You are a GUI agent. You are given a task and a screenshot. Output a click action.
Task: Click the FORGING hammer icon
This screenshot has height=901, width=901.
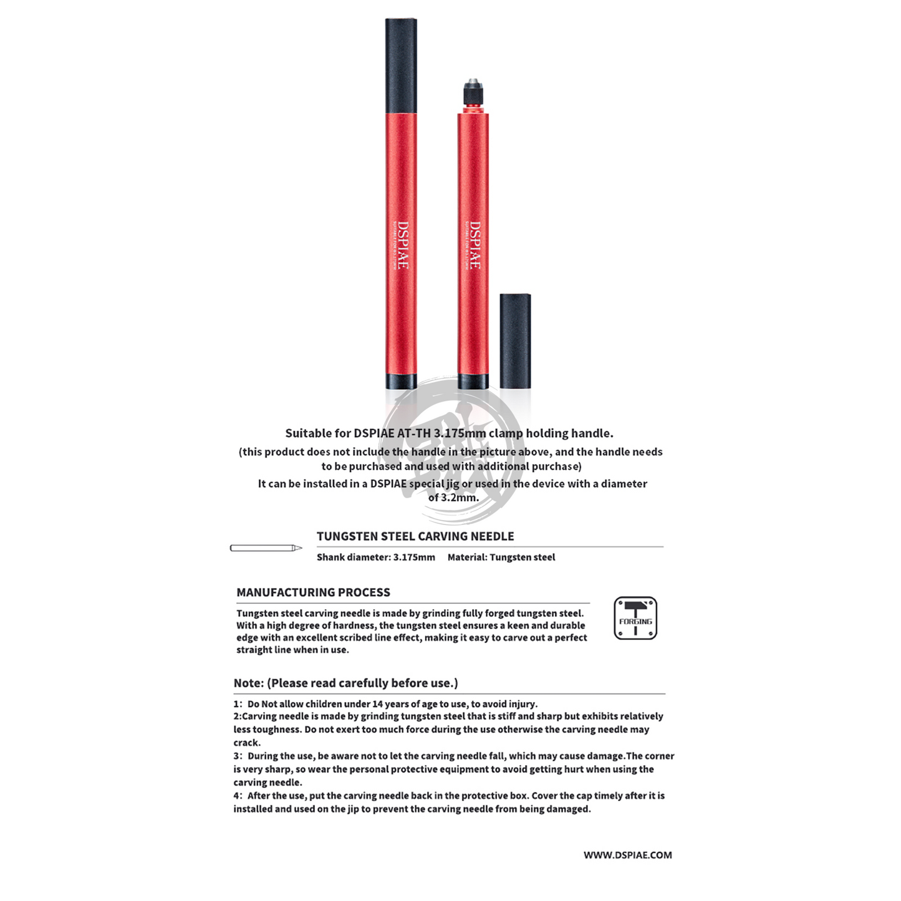[x=635, y=618]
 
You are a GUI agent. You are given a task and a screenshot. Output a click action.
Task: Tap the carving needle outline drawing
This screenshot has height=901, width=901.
[x=266, y=548]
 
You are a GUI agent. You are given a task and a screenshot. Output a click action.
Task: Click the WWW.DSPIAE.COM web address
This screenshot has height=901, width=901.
[x=627, y=855]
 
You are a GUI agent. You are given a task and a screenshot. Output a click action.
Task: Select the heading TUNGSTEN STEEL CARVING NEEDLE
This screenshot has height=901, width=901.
[x=415, y=536]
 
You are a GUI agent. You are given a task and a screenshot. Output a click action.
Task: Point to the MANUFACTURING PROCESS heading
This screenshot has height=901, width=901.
[x=313, y=592]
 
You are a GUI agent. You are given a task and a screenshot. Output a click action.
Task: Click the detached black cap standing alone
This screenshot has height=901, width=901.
[x=515, y=340]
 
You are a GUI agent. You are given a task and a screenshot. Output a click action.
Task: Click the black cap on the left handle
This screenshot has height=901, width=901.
[x=401, y=65]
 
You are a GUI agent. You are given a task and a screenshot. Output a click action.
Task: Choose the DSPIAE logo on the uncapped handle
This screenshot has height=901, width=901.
[x=475, y=245]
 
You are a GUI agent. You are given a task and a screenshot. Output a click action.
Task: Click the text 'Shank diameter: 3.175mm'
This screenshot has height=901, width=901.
[x=375, y=557]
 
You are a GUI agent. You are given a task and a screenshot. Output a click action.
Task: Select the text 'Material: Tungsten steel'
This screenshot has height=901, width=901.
[x=501, y=557]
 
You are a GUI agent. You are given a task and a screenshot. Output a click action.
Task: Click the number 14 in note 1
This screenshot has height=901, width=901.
[x=378, y=704]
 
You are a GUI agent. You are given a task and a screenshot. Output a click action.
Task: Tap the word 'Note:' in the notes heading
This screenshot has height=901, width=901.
[x=248, y=683]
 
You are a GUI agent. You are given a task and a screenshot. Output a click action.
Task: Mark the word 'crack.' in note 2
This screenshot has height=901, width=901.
[x=248, y=743]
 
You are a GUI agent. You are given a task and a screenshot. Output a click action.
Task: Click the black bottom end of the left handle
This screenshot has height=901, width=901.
[x=401, y=381]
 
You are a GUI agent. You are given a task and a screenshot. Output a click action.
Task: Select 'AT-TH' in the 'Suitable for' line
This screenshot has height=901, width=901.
[x=414, y=433]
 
